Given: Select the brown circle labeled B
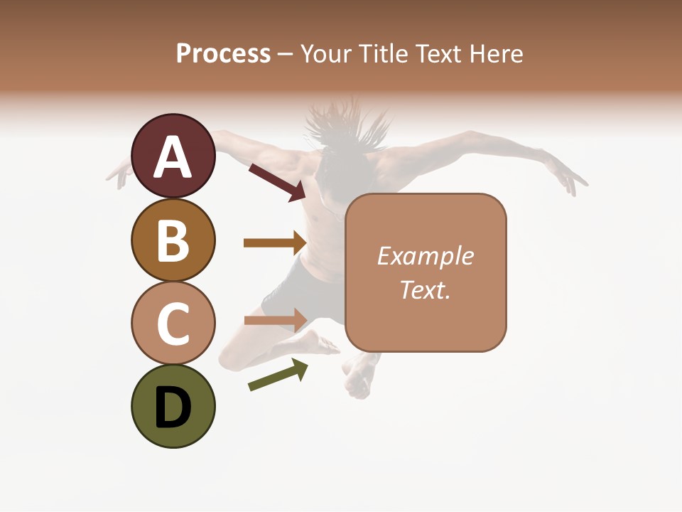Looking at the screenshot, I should click(x=173, y=240).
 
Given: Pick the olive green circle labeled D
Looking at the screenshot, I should click(x=173, y=406).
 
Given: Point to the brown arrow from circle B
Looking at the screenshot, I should click(x=274, y=242).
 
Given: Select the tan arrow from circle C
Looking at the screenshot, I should click(x=274, y=319).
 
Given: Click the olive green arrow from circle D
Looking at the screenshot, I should click(x=278, y=375).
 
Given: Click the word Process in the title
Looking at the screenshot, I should click(x=223, y=53).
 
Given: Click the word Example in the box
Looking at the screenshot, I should click(x=425, y=256).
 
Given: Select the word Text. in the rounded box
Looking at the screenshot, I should click(x=425, y=289).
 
